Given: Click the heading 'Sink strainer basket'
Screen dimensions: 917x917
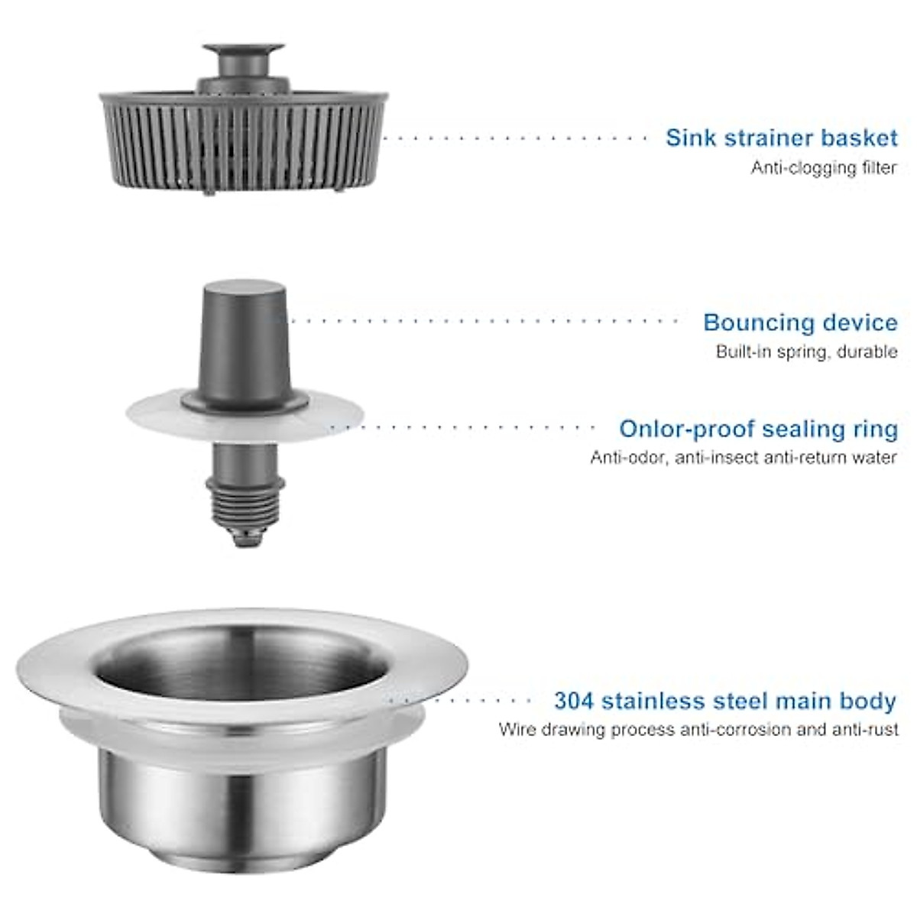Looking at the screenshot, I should pos(781,138).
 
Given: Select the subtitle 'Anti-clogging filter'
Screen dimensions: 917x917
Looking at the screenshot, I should pos(823,168).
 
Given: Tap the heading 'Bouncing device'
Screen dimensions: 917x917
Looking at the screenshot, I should pos(800,322).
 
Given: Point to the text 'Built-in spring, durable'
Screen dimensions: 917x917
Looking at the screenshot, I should pos(806,352).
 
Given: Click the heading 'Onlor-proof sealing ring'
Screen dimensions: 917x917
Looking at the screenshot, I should pos(758,429).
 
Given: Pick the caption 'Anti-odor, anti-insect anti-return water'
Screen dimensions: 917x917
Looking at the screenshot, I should pos(743,458).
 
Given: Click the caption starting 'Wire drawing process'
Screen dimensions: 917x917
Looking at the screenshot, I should pos(698,730).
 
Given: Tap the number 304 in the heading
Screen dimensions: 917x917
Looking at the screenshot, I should pos(573,701).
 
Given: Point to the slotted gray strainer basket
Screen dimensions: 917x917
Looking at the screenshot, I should pos(243,145).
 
